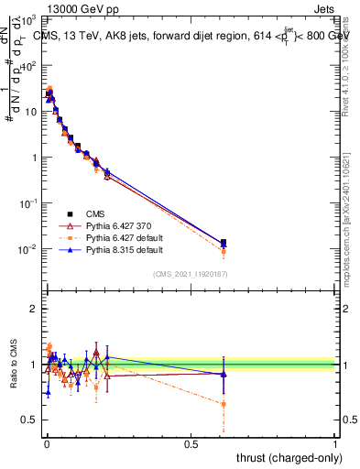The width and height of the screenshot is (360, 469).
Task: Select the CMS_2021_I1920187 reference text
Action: click(190, 275)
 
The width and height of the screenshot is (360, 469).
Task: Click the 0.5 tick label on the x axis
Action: click(191, 443)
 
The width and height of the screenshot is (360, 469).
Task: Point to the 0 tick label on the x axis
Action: click(47, 443)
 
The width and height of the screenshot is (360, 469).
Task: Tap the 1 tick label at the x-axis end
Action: click(335, 443)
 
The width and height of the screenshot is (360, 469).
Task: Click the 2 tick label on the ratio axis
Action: click(33, 309)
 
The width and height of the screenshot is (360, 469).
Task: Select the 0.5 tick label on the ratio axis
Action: click(29, 420)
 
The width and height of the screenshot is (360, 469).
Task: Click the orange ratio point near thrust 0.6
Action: click(224, 404)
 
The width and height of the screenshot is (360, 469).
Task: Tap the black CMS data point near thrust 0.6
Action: click(224, 243)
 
